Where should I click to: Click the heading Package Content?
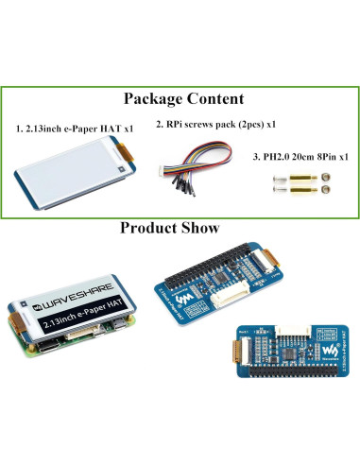183,98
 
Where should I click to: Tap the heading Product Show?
170,228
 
